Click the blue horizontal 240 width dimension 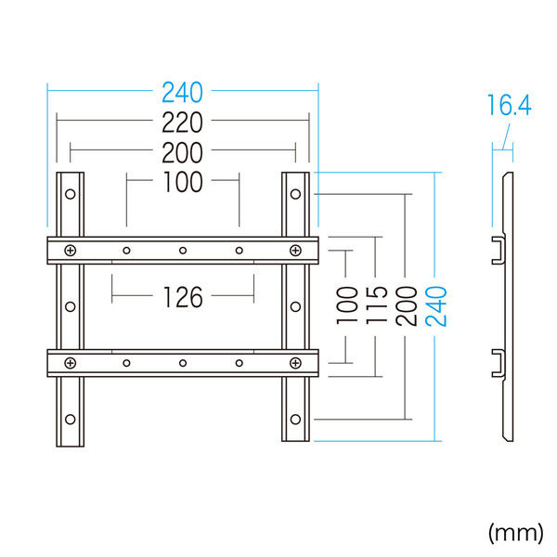183,92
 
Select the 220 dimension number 183,121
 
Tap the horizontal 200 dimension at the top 183,151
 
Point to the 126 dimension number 183,297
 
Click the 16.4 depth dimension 507,106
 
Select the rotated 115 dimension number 376,304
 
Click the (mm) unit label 515,531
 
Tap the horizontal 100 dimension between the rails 183,182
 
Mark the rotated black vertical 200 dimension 406,304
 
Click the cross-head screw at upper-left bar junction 71,250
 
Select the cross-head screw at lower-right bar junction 295,362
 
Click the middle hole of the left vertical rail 71,305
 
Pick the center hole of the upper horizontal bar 183,250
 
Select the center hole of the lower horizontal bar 183,362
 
